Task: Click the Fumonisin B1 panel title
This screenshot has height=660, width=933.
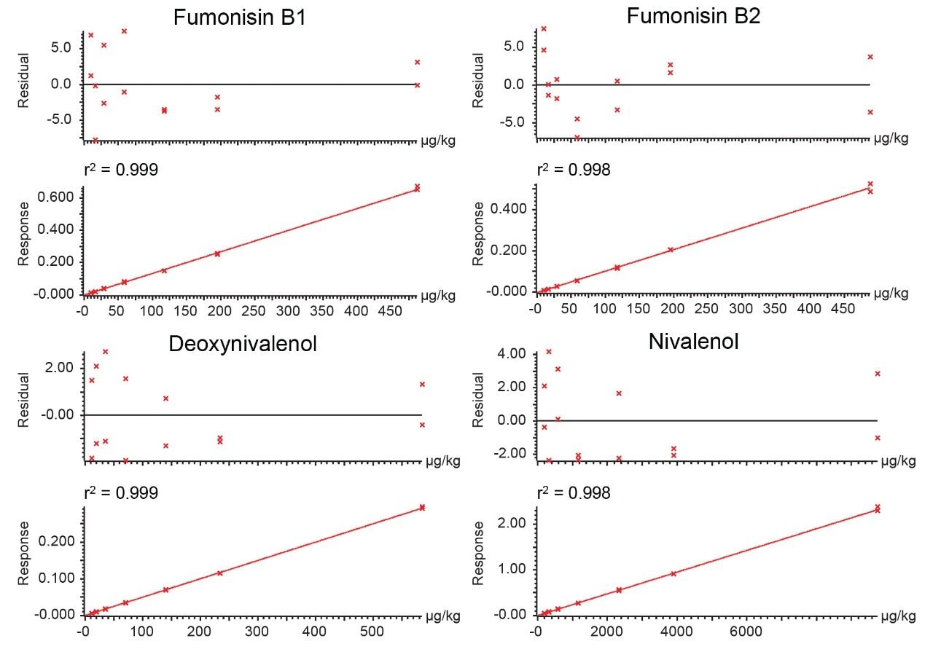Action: [239, 18]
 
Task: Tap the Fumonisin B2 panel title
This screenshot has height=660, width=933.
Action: [693, 16]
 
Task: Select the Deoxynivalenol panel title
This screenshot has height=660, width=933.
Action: [243, 344]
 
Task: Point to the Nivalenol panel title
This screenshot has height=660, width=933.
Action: [693, 341]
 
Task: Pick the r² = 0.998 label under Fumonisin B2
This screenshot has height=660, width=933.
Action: [574, 170]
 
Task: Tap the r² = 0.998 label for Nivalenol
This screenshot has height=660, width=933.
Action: [574, 493]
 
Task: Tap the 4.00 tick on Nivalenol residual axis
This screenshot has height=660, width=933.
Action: [510, 354]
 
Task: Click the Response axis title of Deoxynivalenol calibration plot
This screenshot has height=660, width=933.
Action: [24, 553]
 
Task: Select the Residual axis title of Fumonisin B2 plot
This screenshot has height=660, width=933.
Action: [477, 79]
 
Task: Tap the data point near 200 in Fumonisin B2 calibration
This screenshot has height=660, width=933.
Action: [671, 249]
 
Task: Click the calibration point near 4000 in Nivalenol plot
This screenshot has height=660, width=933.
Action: [674, 573]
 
